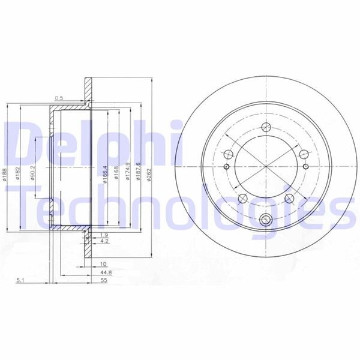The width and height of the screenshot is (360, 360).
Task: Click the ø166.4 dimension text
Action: tap(106, 175)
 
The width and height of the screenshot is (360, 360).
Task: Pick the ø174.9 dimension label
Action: tap(128, 173)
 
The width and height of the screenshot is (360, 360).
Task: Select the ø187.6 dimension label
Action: tap(139, 173)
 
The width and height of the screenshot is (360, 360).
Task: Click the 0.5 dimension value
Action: tap(59, 98)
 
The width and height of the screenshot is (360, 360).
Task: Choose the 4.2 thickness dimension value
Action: tap(103, 241)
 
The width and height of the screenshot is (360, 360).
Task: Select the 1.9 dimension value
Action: tap(103, 234)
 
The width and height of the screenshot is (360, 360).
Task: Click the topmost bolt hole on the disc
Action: tap(265, 127)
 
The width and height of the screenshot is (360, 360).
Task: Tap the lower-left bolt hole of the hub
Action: tap(242, 199)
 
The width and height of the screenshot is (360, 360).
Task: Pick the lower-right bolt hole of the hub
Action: tap(289, 198)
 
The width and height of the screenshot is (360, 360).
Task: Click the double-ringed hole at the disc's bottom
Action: tap(266, 219)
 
